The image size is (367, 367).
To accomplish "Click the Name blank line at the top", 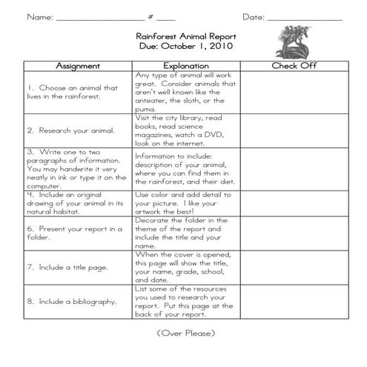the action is [x=99, y=18].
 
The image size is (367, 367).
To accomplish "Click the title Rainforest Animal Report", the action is [x=185, y=35].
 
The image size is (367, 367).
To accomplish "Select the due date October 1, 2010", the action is [x=185, y=45].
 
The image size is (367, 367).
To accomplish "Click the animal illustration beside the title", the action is [x=292, y=41].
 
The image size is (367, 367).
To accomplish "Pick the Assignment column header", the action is [x=73, y=65].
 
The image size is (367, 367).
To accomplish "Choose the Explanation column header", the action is [x=186, y=65].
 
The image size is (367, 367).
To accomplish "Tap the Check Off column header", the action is [x=294, y=65].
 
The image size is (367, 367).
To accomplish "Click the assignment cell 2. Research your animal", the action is [x=71, y=130].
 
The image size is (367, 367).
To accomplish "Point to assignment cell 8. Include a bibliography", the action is [x=72, y=302].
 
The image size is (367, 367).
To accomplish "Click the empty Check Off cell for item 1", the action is [x=294, y=91].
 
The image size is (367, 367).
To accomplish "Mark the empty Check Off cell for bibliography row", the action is [x=294, y=302].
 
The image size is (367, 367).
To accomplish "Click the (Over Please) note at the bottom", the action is [x=186, y=334].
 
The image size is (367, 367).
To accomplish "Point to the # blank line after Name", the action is [x=168, y=18].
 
